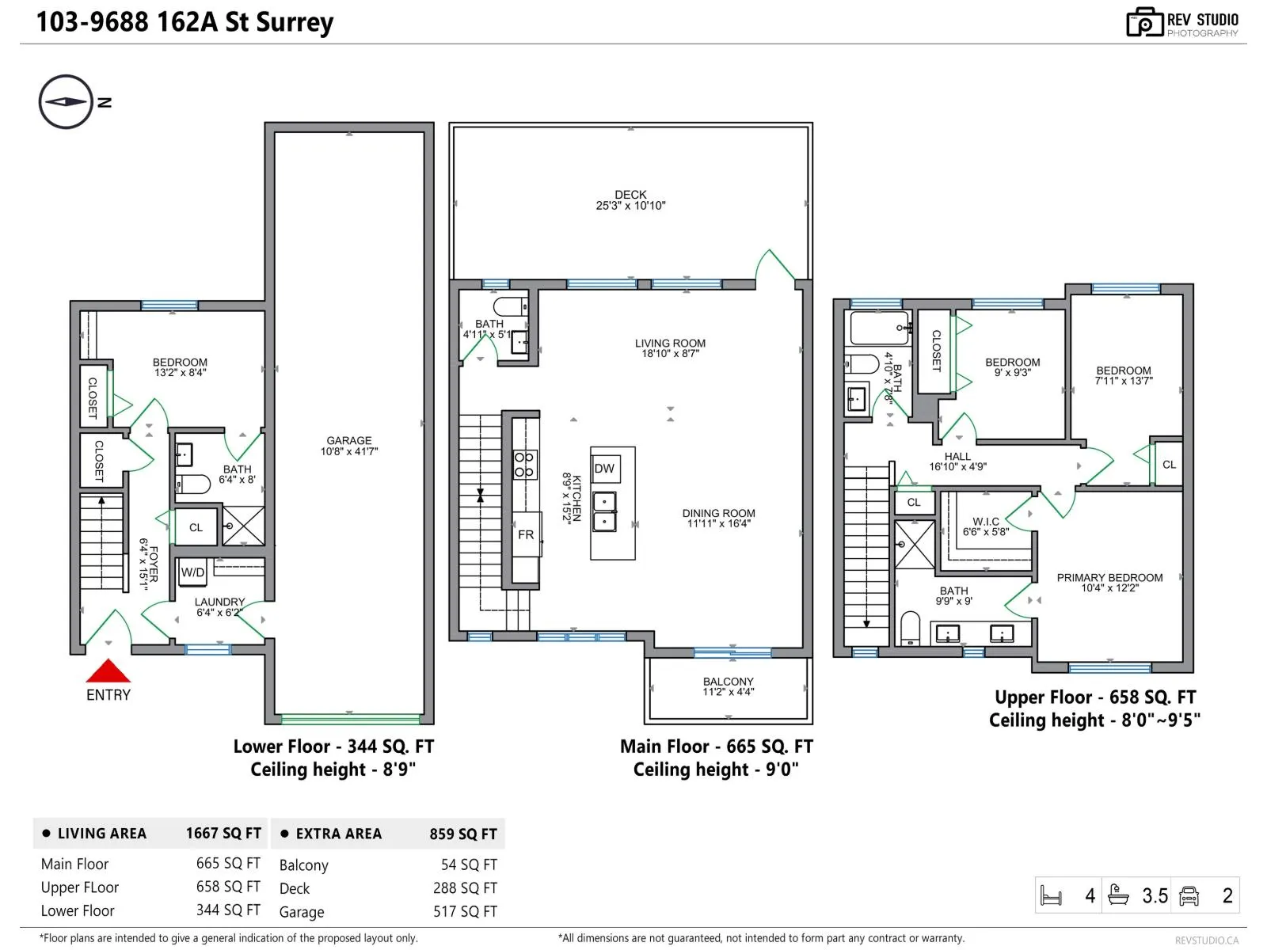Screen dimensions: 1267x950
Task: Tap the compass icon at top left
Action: click(66, 101)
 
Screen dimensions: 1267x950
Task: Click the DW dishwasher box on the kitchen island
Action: click(604, 469)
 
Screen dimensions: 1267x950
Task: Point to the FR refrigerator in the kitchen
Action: click(526, 534)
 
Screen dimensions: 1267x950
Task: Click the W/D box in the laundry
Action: click(192, 572)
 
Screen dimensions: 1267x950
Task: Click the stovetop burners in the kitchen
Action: click(524, 465)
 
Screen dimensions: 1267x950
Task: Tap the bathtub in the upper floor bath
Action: click(879, 328)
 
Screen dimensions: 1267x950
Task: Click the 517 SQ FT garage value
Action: click(465, 911)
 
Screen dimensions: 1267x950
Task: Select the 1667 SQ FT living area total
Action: click(223, 833)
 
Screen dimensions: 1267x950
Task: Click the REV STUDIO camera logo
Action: click(1144, 22)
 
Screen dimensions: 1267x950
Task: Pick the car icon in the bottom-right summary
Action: click(1189, 896)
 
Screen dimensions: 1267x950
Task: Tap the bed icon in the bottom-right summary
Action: click(1051, 896)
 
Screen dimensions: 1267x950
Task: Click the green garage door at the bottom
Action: click(350, 719)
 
